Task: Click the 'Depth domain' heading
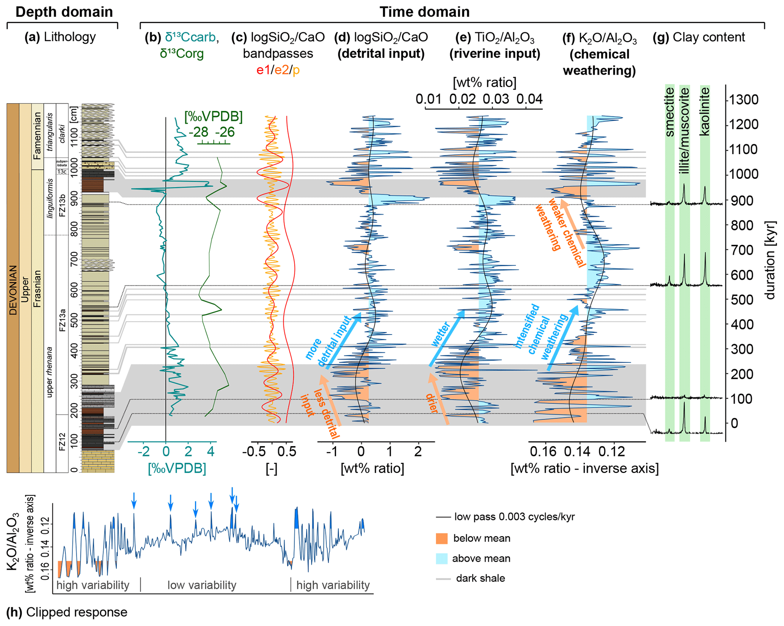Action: pos(64,12)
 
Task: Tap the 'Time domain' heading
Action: pos(424,12)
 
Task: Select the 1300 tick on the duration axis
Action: pos(742,100)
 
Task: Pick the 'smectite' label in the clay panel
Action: pos(669,112)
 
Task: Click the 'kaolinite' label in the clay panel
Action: pos(704,111)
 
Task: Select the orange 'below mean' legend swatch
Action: pos(441,538)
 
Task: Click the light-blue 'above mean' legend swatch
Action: pos(441,558)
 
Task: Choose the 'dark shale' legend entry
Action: pos(480,578)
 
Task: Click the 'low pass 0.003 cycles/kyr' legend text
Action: pos(514,517)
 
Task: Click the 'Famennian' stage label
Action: pos(37,136)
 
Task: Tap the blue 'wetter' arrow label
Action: pos(441,334)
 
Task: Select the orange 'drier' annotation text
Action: pos(432,403)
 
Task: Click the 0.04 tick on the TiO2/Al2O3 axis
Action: pos(529,99)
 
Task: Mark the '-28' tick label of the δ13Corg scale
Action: pos(199,132)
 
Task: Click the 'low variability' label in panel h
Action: pos(202,585)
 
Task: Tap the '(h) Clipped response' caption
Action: pos(67,612)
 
